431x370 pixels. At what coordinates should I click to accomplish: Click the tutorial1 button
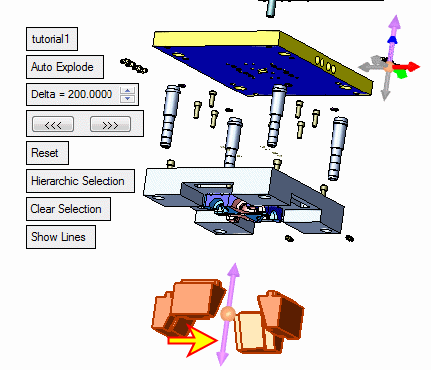point(52,39)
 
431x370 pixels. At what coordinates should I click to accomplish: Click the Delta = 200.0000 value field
point(72,94)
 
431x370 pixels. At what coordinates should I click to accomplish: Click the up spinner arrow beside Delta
point(128,91)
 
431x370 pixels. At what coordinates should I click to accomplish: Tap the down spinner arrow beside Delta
point(128,98)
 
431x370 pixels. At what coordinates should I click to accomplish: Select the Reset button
point(47,153)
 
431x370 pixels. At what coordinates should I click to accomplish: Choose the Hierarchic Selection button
point(81,181)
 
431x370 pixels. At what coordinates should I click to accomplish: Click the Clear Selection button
point(69,209)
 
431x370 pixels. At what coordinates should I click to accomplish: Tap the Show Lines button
point(61,237)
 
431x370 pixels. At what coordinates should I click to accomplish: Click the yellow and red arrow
point(193,340)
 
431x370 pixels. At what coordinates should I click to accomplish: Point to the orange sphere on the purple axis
point(228,314)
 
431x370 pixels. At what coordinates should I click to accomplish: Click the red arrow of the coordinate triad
point(409,67)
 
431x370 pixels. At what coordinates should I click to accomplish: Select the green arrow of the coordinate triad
point(401,73)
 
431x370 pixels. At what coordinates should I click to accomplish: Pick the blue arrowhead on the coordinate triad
point(392,40)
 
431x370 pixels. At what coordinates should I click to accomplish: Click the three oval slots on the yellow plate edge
point(324,65)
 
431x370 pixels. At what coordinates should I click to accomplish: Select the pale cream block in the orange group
point(251,332)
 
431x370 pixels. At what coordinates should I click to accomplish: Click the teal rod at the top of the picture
point(271,8)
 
